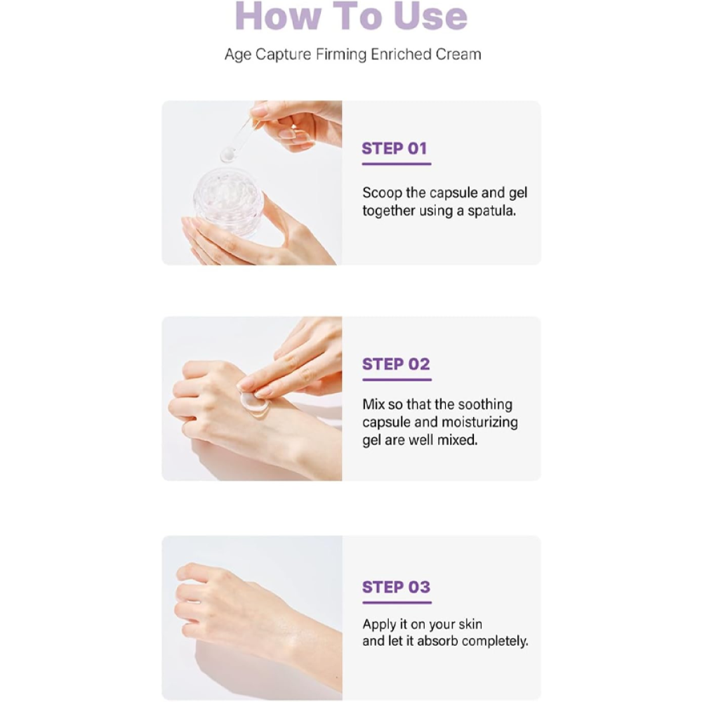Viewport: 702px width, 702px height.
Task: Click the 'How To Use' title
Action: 351,16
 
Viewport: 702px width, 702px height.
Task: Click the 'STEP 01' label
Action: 395,148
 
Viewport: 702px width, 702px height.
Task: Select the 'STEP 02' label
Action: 396,364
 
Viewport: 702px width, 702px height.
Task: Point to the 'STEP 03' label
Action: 396,587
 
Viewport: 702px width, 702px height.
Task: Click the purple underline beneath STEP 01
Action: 397,164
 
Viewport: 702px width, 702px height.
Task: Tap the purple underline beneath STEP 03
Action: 397,602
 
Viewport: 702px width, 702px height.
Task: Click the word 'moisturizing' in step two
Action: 479,423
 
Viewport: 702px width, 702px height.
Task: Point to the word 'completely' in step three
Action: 494,642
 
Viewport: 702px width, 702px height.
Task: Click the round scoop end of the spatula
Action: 228,155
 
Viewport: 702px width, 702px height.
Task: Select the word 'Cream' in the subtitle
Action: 458,55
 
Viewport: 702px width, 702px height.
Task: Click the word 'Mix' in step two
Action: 373,405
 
